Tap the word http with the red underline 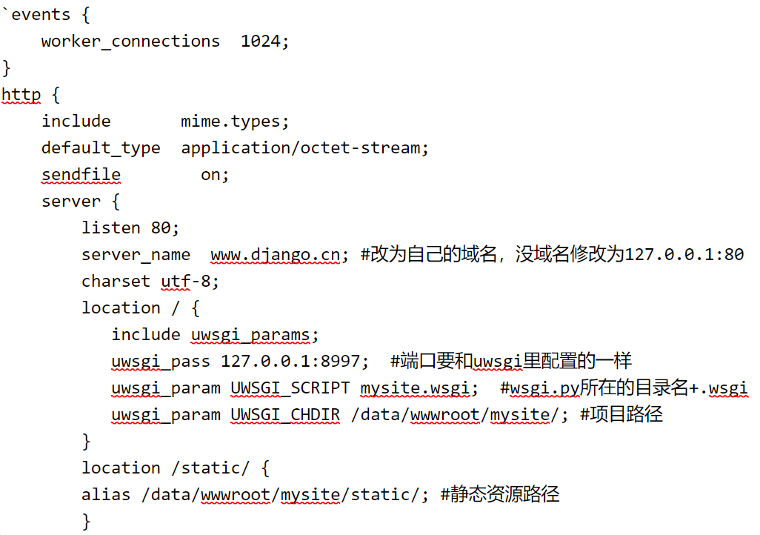[21, 95]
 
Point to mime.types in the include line [235, 122]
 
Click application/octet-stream [303, 148]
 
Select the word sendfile [81, 175]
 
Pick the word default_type [101, 148]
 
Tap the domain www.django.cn [275, 255]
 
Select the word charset [116, 282]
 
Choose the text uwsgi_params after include [250, 335]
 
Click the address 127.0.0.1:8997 [294, 362]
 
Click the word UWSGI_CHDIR [285, 415]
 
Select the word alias [106, 494]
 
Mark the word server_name [136, 255]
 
